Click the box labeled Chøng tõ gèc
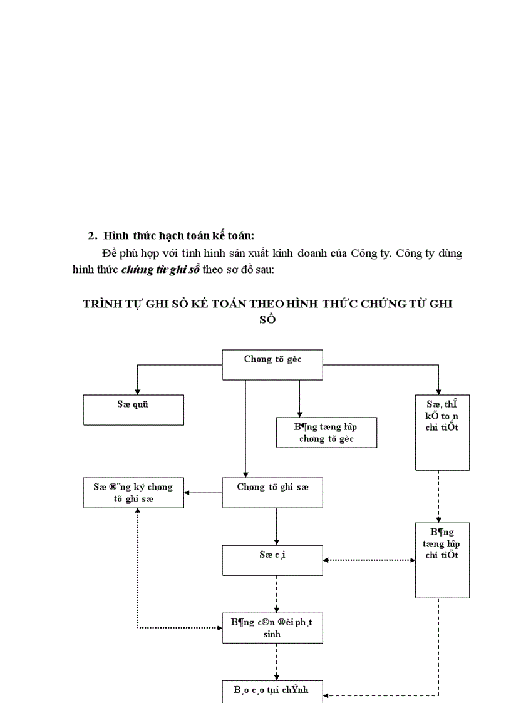tap(272, 365)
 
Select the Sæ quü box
tap(133, 410)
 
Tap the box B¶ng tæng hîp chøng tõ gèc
tap(326, 433)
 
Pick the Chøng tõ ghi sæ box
tap(272, 493)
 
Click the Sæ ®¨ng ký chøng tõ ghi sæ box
tap(133, 493)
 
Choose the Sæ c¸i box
tap(272, 560)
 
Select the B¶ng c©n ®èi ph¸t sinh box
tap(272, 628)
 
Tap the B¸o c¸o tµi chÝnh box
tap(272, 692)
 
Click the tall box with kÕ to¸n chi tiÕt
tap(442, 432)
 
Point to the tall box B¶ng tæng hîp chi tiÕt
tap(442, 560)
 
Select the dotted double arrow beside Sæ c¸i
tap(369, 560)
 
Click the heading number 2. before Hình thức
tap(93, 236)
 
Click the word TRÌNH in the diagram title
tap(102, 304)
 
